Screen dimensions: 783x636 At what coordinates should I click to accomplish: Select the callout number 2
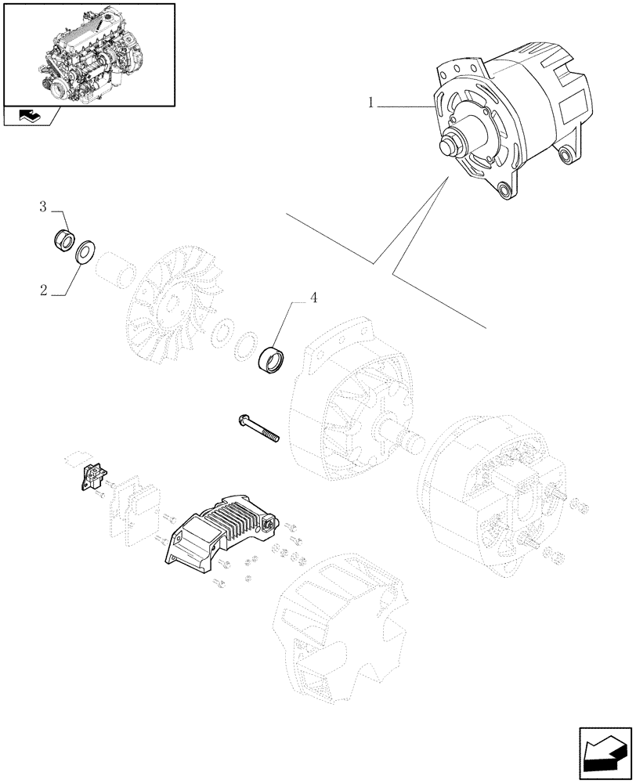pyautogui.click(x=45, y=290)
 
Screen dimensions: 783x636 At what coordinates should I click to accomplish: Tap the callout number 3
pyautogui.click(x=45, y=207)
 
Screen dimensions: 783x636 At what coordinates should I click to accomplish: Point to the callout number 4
pyautogui.click(x=313, y=298)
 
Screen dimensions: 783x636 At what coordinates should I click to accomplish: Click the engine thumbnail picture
pyautogui.click(x=89, y=54)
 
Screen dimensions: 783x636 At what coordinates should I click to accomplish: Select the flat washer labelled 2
pyautogui.click(x=84, y=253)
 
